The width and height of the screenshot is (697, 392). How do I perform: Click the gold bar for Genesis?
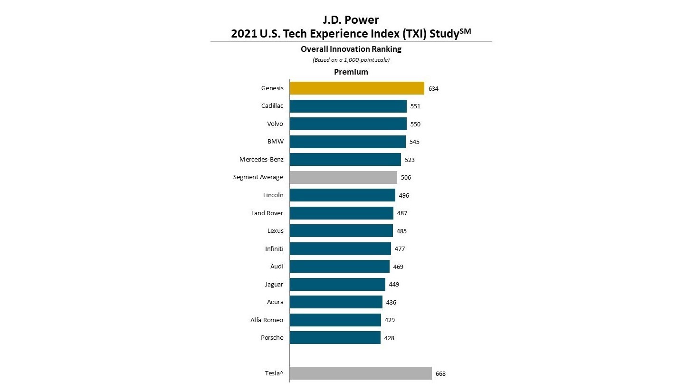point(356,88)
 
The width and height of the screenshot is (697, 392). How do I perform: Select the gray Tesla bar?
point(360,373)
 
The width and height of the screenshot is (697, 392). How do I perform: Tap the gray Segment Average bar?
point(343,177)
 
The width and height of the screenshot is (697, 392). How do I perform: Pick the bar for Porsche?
point(335,338)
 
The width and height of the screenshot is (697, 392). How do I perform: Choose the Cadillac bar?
point(348,106)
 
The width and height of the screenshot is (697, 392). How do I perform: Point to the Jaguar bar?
point(337,284)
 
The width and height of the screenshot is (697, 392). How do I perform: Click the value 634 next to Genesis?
point(433,89)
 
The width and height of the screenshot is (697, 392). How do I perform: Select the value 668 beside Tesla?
point(440,374)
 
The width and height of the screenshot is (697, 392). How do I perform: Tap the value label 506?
point(406,178)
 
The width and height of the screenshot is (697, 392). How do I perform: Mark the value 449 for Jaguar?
point(394,285)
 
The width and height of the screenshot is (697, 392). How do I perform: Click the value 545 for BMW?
point(414,142)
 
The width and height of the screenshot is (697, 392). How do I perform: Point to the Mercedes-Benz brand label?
point(261,160)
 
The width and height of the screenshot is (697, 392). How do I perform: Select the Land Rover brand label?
point(267,213)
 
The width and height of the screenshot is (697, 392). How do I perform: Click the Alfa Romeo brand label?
point(267,320)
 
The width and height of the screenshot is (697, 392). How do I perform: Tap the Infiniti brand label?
point(274,249)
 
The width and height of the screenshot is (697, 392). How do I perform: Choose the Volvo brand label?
point(275,124)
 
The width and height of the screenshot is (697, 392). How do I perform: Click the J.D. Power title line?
point(351,20)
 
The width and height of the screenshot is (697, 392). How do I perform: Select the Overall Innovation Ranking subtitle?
point(351,49)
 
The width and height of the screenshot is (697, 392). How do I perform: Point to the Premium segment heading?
point(351,72)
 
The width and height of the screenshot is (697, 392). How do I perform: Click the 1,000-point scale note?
point(351,60)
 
